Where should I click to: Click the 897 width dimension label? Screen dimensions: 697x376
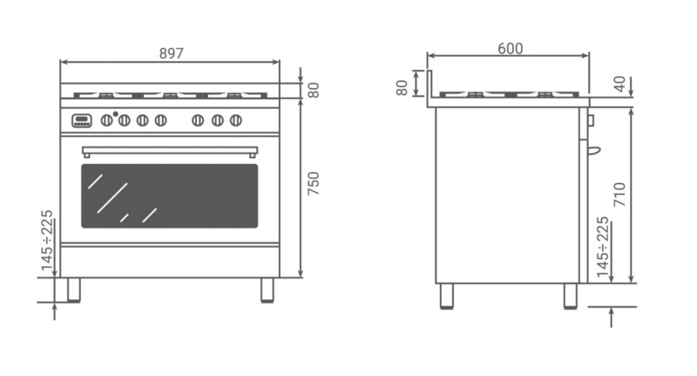tap(171, 53)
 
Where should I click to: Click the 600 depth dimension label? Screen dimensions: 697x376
tap(510, 49)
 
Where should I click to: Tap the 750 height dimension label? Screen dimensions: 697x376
tap(314, 183)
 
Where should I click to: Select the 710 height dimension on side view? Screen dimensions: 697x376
tap(619, 194)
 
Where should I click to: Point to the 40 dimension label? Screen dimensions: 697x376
tap(619, 84)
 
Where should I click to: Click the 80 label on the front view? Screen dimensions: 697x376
tap(314, 91)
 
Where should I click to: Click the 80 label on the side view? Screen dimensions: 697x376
tap(402, 87)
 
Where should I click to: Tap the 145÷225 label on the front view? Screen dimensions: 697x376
tap(47, 240)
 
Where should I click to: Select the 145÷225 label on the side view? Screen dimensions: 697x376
tap(602, 247)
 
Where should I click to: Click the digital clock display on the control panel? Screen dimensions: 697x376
tap(81, 120)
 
